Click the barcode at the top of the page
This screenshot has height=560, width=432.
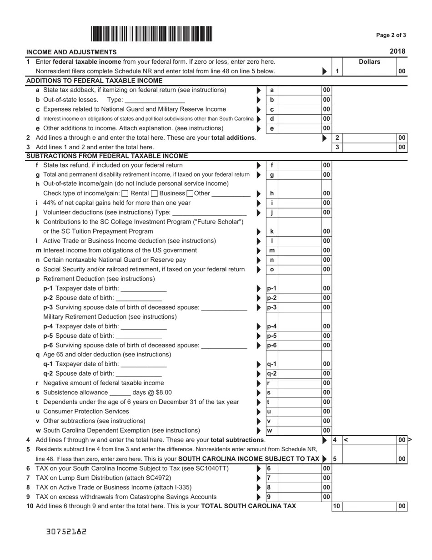click(151, 35)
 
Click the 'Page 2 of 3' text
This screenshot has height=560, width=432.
click(391, 35)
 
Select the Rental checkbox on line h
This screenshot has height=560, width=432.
click(126, 193)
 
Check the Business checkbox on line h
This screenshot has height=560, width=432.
click(154, 193)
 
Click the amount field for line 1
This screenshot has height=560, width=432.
click(369, 71)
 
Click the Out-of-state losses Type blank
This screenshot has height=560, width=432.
click(154, 100)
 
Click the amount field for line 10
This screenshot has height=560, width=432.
click(369, 506)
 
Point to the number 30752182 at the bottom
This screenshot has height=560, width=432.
click(66, 531)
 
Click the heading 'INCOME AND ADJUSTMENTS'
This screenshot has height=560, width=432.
click(71, 52)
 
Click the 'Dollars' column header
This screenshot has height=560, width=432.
click(369, 62)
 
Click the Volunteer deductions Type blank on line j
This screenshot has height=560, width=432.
click(210, 213)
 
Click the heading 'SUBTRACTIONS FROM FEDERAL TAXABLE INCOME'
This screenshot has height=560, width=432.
click(107, 156)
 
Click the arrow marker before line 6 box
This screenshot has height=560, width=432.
click(259, 468)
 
